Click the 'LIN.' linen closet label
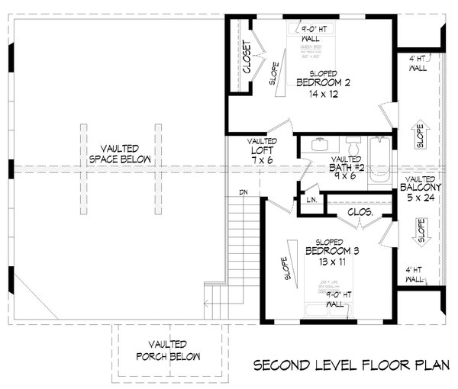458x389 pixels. point(311,200)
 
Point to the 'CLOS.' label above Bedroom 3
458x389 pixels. point(359,214)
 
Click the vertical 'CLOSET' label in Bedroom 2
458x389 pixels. point(247,57)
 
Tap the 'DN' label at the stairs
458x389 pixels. point(244,191)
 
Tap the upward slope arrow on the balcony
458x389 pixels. point(418,132)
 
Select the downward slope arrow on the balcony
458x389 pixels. point(418,232)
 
